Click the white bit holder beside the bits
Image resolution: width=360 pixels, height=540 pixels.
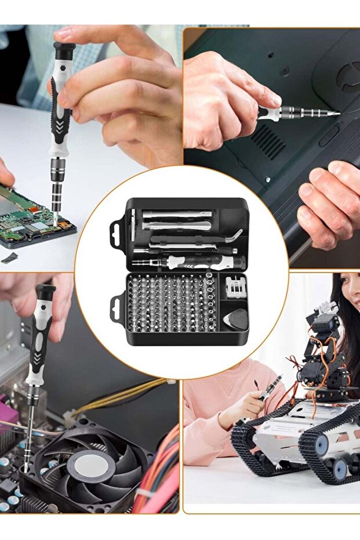pyautogui.click(x=234, y=286)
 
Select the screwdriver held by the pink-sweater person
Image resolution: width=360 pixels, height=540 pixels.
pyautogui.click(x=268, y=390)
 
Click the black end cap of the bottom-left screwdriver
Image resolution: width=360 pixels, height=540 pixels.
pyautogui.click(x=45, y=289)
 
